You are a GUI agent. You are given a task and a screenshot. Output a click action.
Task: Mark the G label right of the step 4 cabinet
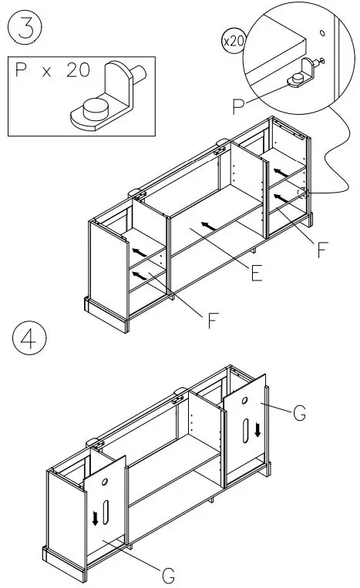(x=298, y=414)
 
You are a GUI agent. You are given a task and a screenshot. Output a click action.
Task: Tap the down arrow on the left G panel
(x=96, y=518)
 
